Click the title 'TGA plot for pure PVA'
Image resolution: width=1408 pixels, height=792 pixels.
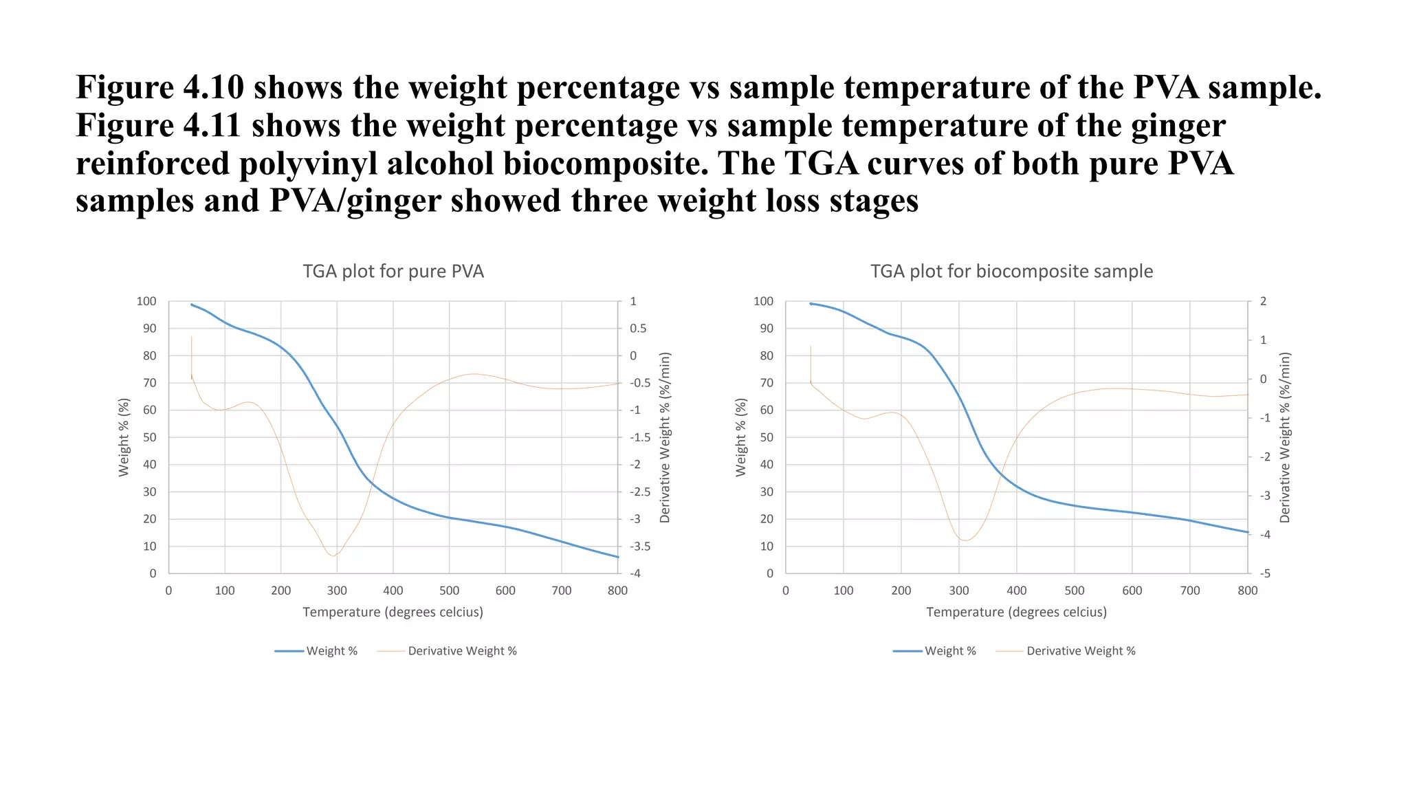point(393,272)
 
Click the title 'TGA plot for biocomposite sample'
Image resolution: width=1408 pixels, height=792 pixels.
point(1011,272)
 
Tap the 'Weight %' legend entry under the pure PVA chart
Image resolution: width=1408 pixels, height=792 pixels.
point(331,651)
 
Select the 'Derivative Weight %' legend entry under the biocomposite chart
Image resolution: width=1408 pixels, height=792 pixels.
point(1080,651)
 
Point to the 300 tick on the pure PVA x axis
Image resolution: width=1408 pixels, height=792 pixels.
point(337,591)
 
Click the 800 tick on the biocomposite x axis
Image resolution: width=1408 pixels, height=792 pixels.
point(1247,591)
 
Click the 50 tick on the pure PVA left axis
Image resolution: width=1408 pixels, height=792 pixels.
point(149,437)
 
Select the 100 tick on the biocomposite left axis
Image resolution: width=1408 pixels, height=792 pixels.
point(763,301)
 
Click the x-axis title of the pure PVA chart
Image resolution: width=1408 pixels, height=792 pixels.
point(393,612)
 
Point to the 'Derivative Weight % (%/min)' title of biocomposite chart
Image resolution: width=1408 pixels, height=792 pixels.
point(1285,437)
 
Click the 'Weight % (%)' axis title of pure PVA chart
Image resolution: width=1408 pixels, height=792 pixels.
point(124,437)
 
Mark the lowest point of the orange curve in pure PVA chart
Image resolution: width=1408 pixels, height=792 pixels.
point(334,555)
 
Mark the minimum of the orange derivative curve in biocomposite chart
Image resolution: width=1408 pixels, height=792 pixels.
point(965,540)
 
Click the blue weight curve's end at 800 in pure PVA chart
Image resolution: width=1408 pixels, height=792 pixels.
point(617,557)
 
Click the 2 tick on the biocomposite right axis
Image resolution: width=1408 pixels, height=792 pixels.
point(1263,301)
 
